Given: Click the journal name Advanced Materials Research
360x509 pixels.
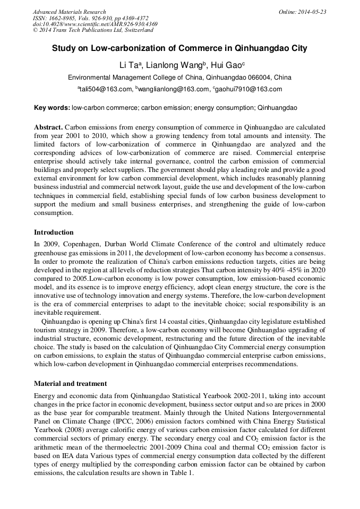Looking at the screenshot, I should click(69, 12).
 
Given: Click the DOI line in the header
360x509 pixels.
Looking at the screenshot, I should click(95, 24).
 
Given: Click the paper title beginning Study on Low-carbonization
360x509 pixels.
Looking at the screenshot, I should click(179, 48).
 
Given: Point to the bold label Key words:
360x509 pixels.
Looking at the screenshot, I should click(52, 108).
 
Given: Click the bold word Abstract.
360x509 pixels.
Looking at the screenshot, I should click(48, 128).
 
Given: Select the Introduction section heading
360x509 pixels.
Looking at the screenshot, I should click(54, 232).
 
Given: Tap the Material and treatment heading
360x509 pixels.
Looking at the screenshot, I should click(71, 383).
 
